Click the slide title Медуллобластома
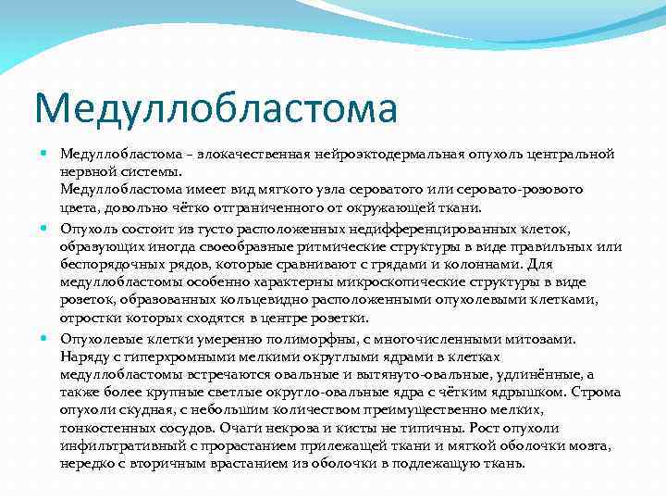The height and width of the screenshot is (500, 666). pos(216,107)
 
